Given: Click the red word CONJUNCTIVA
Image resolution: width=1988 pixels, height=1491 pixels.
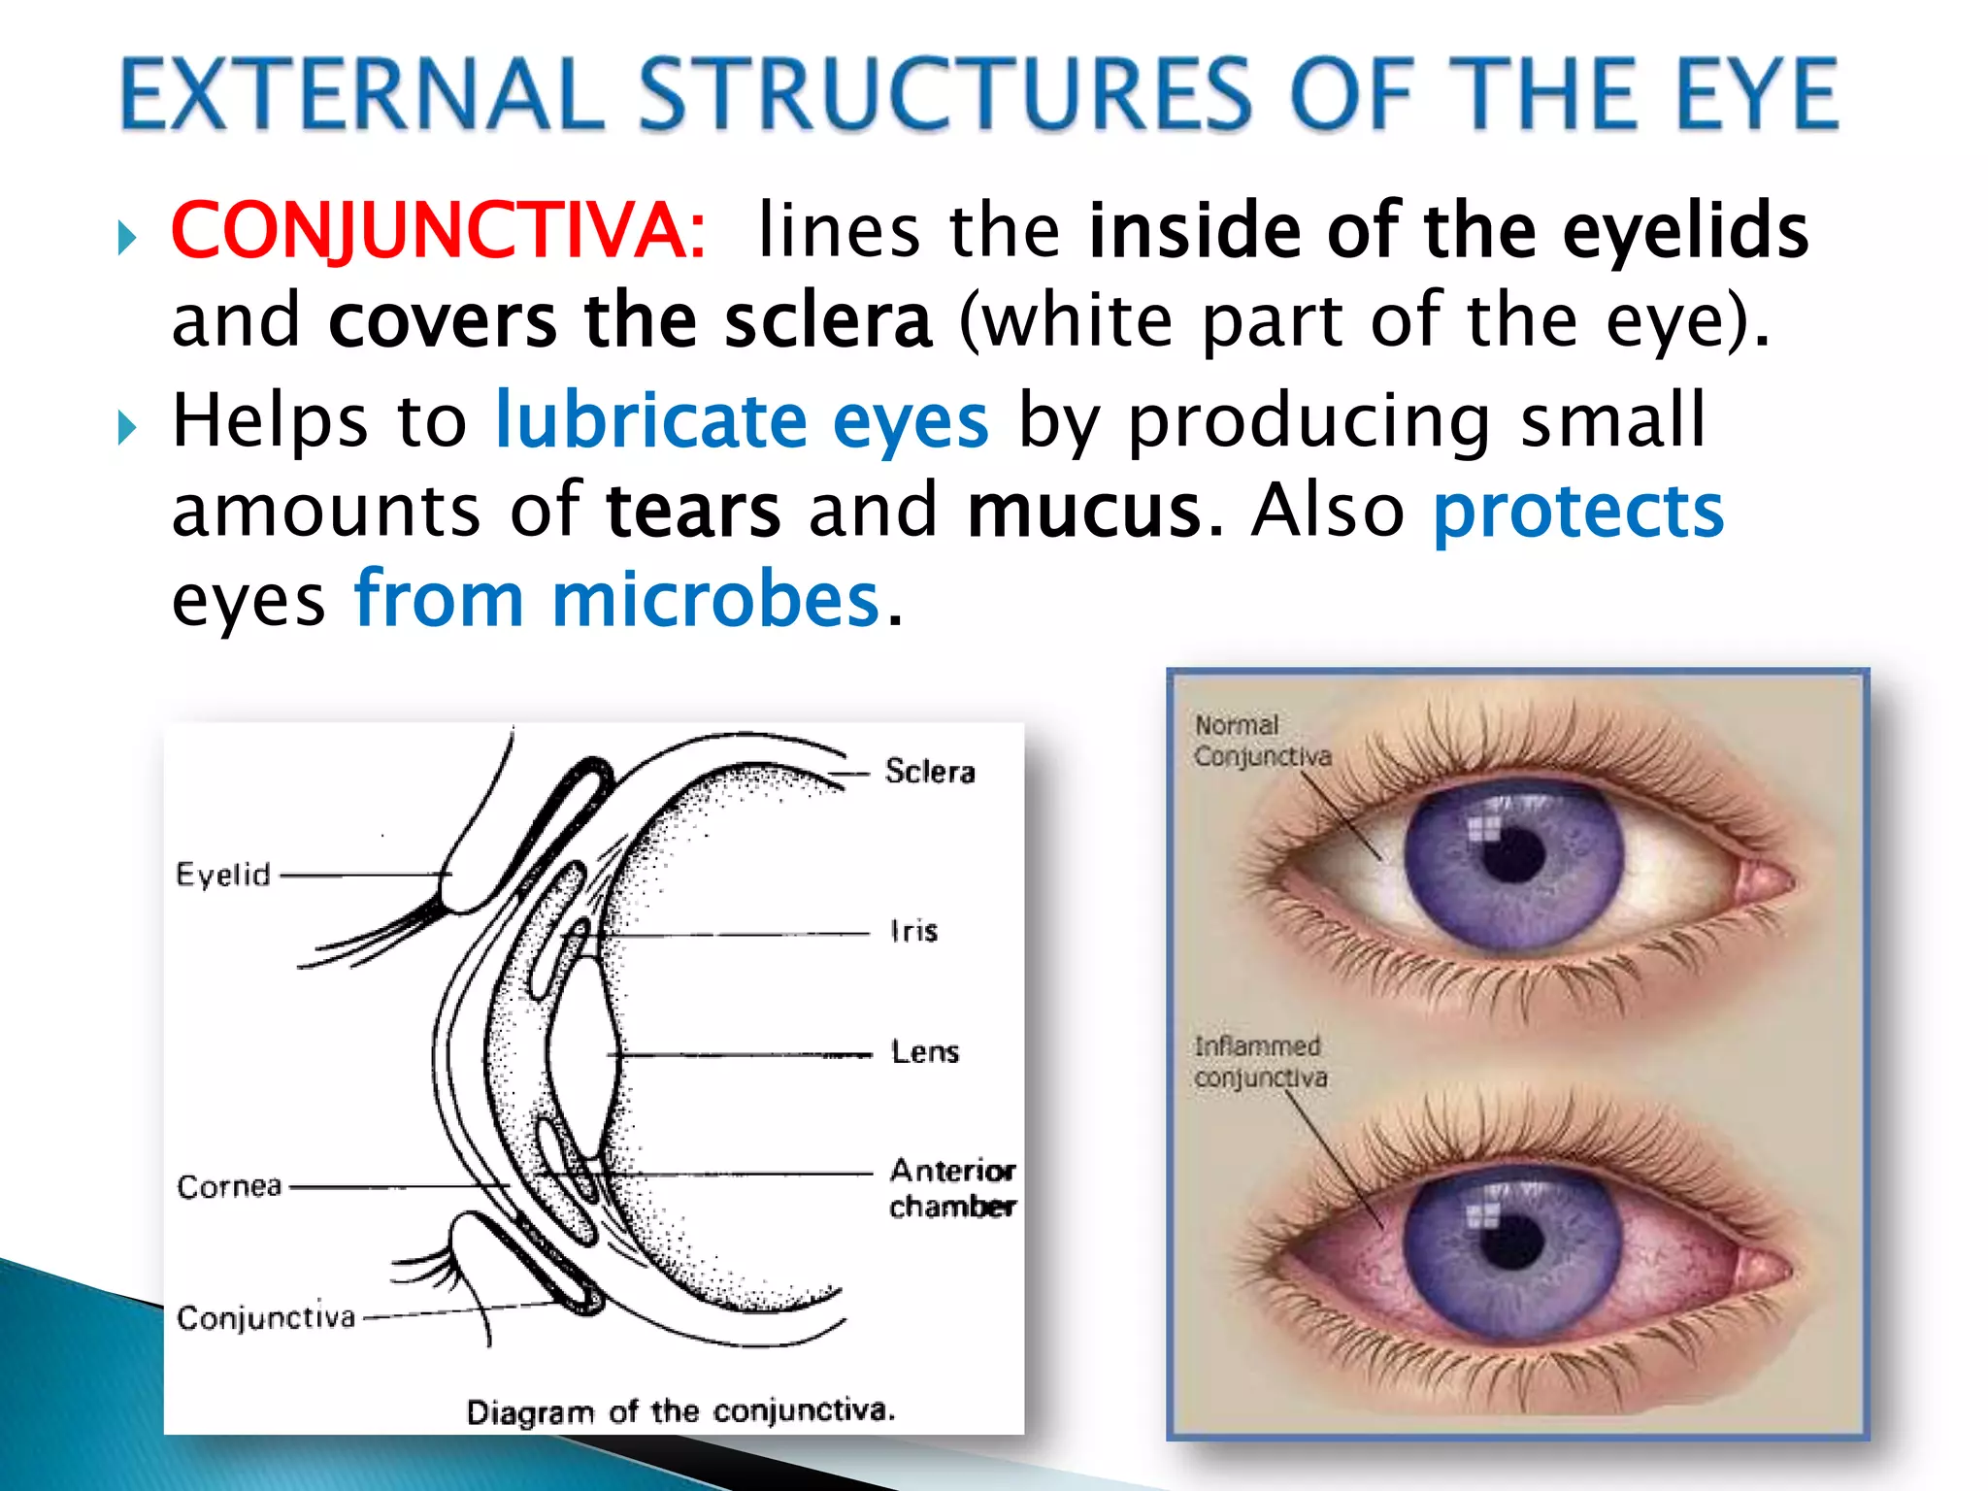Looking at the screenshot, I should [x=438, y=231].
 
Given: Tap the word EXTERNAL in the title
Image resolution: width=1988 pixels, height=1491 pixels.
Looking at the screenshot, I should [x=361, y=94].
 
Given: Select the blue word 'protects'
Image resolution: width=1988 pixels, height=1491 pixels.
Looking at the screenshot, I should [x=1578, y=512].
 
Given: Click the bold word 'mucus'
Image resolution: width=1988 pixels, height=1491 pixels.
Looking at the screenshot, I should [x=1084, y=512].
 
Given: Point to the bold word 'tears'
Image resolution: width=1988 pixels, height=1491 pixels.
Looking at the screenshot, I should [x=693, y=512].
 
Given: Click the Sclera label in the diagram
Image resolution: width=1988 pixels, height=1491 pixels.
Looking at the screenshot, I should [x=929, y=772].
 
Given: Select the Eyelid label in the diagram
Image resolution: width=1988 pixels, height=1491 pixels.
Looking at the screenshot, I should [x=222, y=875].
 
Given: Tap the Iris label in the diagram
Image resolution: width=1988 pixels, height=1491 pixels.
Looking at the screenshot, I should [x=913, y=932].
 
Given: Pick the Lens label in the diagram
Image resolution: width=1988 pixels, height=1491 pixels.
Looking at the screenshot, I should [x=924, y=1052].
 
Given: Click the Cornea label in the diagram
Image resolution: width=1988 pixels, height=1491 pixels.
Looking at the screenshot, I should [x=229, y=1186].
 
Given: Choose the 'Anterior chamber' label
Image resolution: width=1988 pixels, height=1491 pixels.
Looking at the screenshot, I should [x=951, y=1188].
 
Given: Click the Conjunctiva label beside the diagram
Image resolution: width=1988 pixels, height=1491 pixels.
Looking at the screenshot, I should [x=266, y=1317].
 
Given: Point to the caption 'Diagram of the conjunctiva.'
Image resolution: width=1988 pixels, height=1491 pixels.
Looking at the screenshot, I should [x=679, y=1410].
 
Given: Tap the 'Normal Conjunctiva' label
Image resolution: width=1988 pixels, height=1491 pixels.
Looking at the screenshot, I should [x=1261, y=741].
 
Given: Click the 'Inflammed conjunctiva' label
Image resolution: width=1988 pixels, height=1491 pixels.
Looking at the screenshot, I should [x=1259, y=1062].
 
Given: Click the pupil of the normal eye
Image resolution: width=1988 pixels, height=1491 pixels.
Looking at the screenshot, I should [x=1513, y=855].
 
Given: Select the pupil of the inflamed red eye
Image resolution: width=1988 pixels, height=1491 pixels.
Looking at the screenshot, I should [x=1511, y=1240].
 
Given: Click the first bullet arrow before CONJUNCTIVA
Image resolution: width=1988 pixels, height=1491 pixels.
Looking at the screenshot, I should [x=126, y=237].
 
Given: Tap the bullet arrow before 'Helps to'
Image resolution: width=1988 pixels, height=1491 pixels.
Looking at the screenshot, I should [x=126, y=427].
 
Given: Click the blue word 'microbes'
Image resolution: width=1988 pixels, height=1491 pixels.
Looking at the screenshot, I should [x=714, y=601].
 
